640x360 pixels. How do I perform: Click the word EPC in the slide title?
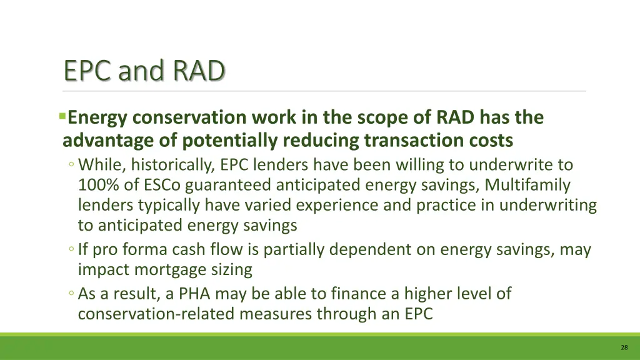[x=88, y=71]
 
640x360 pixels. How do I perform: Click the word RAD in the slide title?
[x=199, y=71]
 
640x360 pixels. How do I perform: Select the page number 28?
[x=624, y=347]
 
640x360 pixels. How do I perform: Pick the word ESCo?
[x=161, y=185]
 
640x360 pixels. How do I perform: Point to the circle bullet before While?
[x=72, y=166]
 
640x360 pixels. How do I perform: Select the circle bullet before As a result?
[x=72, y=294]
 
